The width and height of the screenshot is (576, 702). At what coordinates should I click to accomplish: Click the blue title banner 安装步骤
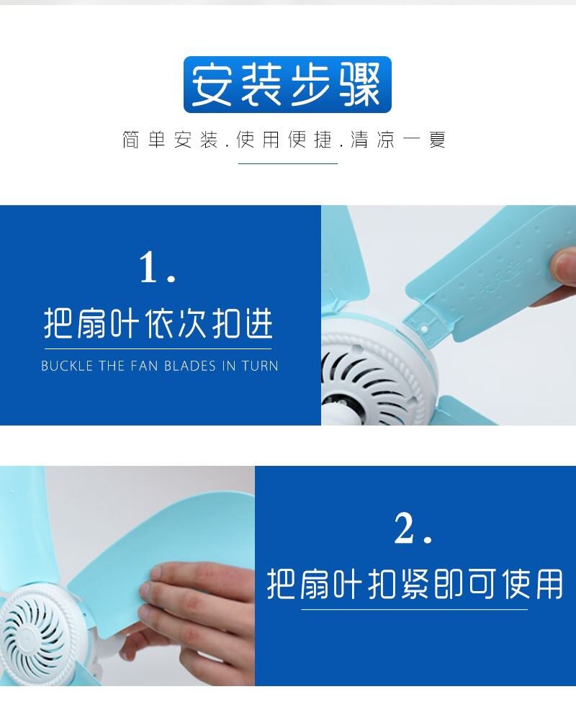click(x=287, y=84)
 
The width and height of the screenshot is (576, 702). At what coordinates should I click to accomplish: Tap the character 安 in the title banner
click(x=213, y=84)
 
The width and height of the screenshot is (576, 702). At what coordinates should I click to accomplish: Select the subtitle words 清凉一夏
click(x=398, y=140)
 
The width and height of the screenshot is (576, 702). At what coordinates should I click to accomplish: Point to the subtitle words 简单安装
click(x=170, y=140)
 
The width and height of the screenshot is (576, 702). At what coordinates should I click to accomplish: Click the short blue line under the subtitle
click(x=288, y=164)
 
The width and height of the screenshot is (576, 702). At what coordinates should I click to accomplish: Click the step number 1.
click(x=157, y=267)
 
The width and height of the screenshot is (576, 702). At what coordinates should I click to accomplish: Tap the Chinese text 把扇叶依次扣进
click(x=158, y=323)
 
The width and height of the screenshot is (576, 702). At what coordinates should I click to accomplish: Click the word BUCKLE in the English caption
click(x=67, y=366)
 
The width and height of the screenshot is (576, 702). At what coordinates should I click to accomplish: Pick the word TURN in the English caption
click(x=261, y=366)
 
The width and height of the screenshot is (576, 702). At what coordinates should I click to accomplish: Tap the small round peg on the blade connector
click(x=424, y=330)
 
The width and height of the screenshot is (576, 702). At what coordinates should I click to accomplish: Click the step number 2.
click(x=413, y=528)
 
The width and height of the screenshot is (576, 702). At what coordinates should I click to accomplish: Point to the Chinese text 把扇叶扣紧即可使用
click(x=415, y=584)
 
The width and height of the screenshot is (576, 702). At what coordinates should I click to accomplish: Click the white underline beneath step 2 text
click(x=415, y=609)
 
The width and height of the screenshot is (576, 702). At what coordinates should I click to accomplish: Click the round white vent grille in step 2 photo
click(x=34, y=633)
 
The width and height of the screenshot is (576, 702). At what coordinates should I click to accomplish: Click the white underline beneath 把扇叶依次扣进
click(x=158, y=348)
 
